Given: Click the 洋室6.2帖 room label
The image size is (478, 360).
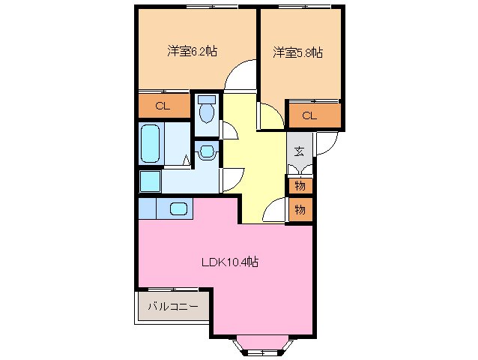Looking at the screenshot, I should (x=193, y=52).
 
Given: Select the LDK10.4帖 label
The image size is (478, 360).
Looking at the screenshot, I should (x=229, y=262).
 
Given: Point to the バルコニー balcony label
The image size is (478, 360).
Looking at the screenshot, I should (x=172, y=306).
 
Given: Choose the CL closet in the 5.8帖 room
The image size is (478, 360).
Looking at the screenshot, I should (x=309, y=115).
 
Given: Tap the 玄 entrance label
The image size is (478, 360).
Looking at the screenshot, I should (x=299, y=151).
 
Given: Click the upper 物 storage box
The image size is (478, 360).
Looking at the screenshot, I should (x=300, y=185).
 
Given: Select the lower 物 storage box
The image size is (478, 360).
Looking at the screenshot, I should (x=300, y=210).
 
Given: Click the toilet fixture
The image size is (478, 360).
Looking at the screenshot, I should (x=207, y=109).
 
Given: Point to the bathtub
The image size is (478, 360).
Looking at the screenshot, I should (x=151, y=144).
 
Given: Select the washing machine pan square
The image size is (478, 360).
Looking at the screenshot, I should (x=149, y=182).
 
